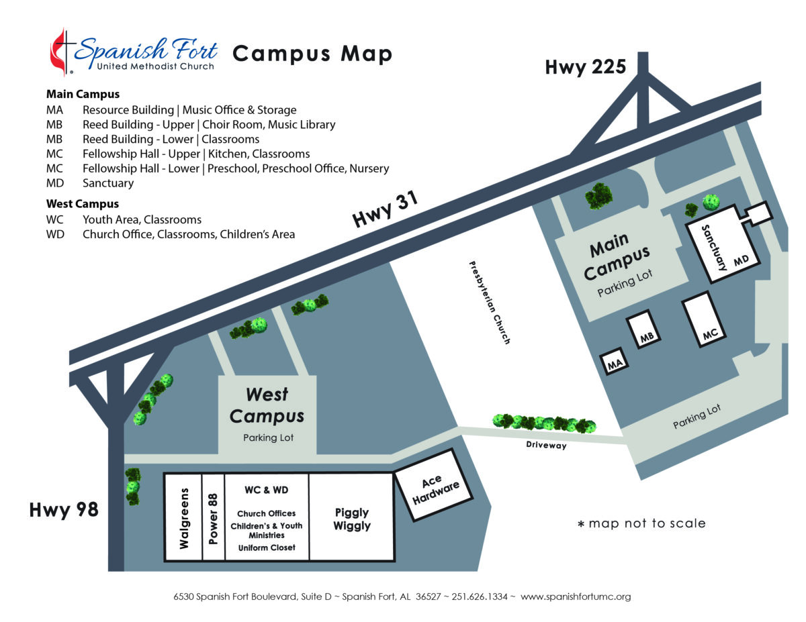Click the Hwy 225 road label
pyautogui.click(x=585, y=67)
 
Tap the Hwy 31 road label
pyautogui.click(x=386, y=210)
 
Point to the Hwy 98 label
pyautogui.click(x=64, y=511)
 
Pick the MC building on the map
pyautogui.click(x=708, y=321)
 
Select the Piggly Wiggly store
pyautogui.click(x=351, y=519)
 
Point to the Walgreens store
pyautogui.click(x=184, y=517)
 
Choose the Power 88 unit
pyautogui.click(x=214, y=517)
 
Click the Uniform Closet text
pyautogui.click(x=267, y=548)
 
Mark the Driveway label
pyautogui.click(x=547, y=445)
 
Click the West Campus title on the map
pyautogui.click(x=267, y=405)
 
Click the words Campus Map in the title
pyautogui.click(x=312, y=53)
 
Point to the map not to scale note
pyautogui.click(x=641, y=523)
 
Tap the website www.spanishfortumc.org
pyautogui.click(x=576, y=597)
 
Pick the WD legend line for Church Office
pyautogui.click(x=171, y=235)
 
